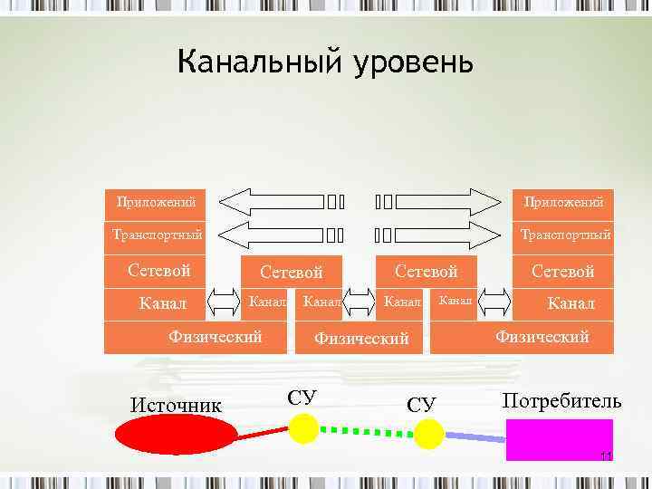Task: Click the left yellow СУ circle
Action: [x=303, y=427]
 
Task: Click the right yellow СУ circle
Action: [x=429, y=434]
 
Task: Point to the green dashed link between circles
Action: [x=366, y=431]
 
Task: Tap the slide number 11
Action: [x=607, y=455]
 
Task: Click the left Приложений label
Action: [x=155, y=200]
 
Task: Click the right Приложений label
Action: [x=563, y=200]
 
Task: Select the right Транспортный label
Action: [x=565, y=235]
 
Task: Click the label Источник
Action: [x=176, y=404]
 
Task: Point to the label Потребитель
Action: [x=561, y=400]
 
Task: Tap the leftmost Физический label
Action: [x=216, y=336]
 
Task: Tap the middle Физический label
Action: [x=361, y=338]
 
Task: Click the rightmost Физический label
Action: [x=542, y=336]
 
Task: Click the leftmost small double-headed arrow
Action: [x=223, y=301]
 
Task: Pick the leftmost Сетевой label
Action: [x=159, y=270]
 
